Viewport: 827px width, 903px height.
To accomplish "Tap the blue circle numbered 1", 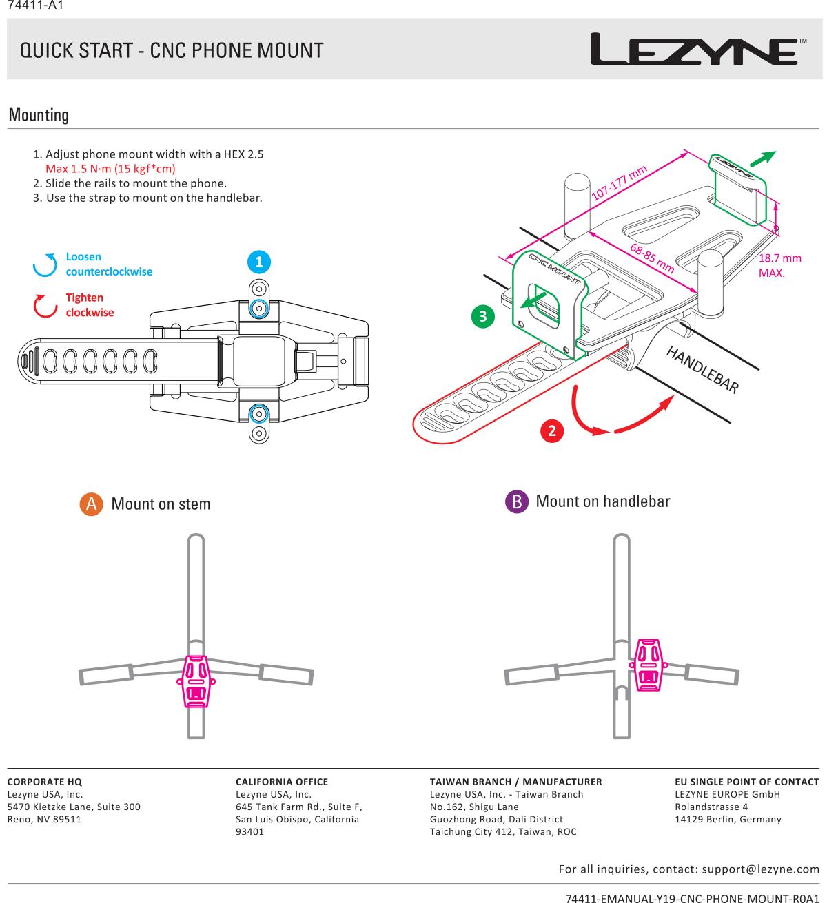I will [x=258, y=262].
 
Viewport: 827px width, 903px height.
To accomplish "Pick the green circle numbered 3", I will [x=483, y=316].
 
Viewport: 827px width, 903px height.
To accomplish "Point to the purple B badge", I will [x=516, y=501].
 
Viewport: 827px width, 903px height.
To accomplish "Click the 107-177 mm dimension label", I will [x=620, y=183].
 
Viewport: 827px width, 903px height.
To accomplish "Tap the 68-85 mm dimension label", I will [x=652, y=257].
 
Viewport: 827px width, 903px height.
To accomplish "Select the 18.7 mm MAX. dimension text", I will [x=779, y=265].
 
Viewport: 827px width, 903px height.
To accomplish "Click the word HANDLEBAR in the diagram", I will [x=702, y=369].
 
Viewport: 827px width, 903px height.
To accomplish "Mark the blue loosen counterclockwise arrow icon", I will [x=45, y=264].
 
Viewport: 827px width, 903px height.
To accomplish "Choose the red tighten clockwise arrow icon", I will [x=45, y=306].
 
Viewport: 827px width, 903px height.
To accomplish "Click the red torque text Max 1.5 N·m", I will [x=110, y=169].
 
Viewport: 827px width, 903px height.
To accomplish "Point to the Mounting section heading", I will [x=39, y=115].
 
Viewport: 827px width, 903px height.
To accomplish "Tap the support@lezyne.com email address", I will [x=760, y=869].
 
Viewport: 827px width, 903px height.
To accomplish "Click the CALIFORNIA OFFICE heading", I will [x=282, y=782].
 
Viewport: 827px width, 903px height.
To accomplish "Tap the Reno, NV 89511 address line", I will [x=44, y=819].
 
